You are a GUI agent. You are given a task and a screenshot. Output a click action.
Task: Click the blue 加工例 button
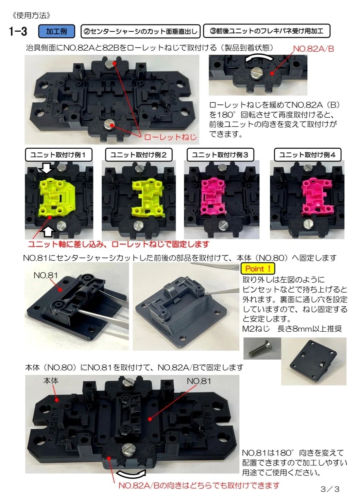(x=56, y=31)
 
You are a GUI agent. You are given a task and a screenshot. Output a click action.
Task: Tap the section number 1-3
(x=18, y=31)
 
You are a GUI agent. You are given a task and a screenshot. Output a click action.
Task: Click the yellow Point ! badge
(x=258, y=269)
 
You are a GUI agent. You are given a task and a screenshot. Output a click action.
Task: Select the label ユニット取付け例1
(x=58, y=155)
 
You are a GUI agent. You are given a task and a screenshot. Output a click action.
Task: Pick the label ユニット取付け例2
(x=139, y=155)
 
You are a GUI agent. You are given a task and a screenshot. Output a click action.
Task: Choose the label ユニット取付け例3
(x=220, y=155)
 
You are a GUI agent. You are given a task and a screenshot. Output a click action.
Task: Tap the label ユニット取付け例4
(x=307, y=155)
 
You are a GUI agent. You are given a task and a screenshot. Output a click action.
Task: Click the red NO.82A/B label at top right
(x=313, y=49)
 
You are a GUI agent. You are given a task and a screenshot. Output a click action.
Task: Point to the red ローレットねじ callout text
(x=170, y=137)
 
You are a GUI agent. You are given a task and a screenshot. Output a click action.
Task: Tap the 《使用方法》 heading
(x=32, y=15)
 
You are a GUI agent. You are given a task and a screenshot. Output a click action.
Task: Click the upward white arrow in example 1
(x=49, y=232)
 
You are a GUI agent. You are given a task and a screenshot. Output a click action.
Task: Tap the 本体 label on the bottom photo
(x=51, y=381)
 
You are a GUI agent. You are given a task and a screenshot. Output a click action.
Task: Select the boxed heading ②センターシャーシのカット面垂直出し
(x=140, y=31)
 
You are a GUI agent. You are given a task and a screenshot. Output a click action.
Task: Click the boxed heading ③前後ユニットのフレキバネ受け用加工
(x=267, y=31)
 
